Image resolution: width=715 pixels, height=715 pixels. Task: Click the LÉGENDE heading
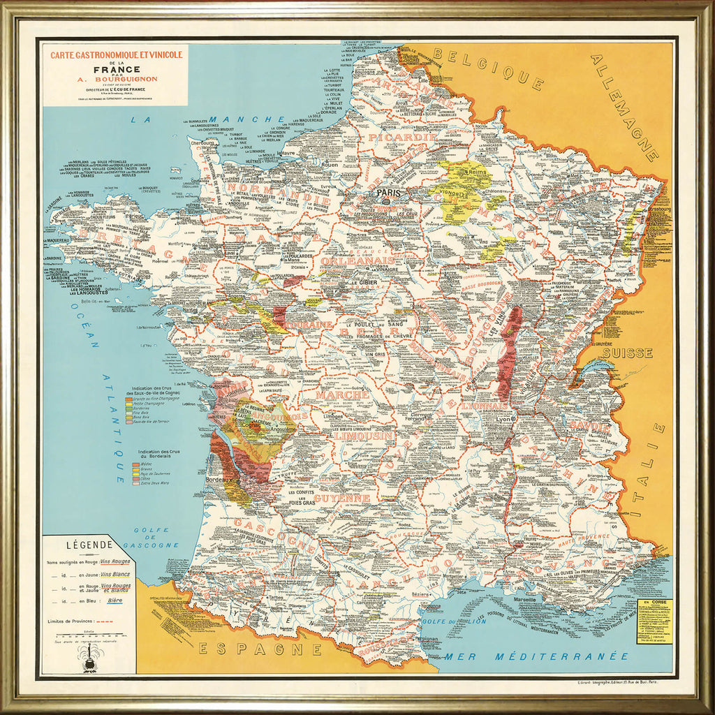pyautogui.click(x=89, y=545)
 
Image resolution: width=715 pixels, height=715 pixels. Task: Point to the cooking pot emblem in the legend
pyautogui.click(x=88, y=658)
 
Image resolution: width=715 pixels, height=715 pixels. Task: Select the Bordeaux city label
pyautogui.click(x=218, y=482)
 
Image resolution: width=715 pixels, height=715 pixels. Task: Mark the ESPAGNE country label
pyautogui.click(x=250, y=649)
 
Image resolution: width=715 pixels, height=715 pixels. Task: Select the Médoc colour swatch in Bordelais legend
pyautogui.click(x=136, y=464)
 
